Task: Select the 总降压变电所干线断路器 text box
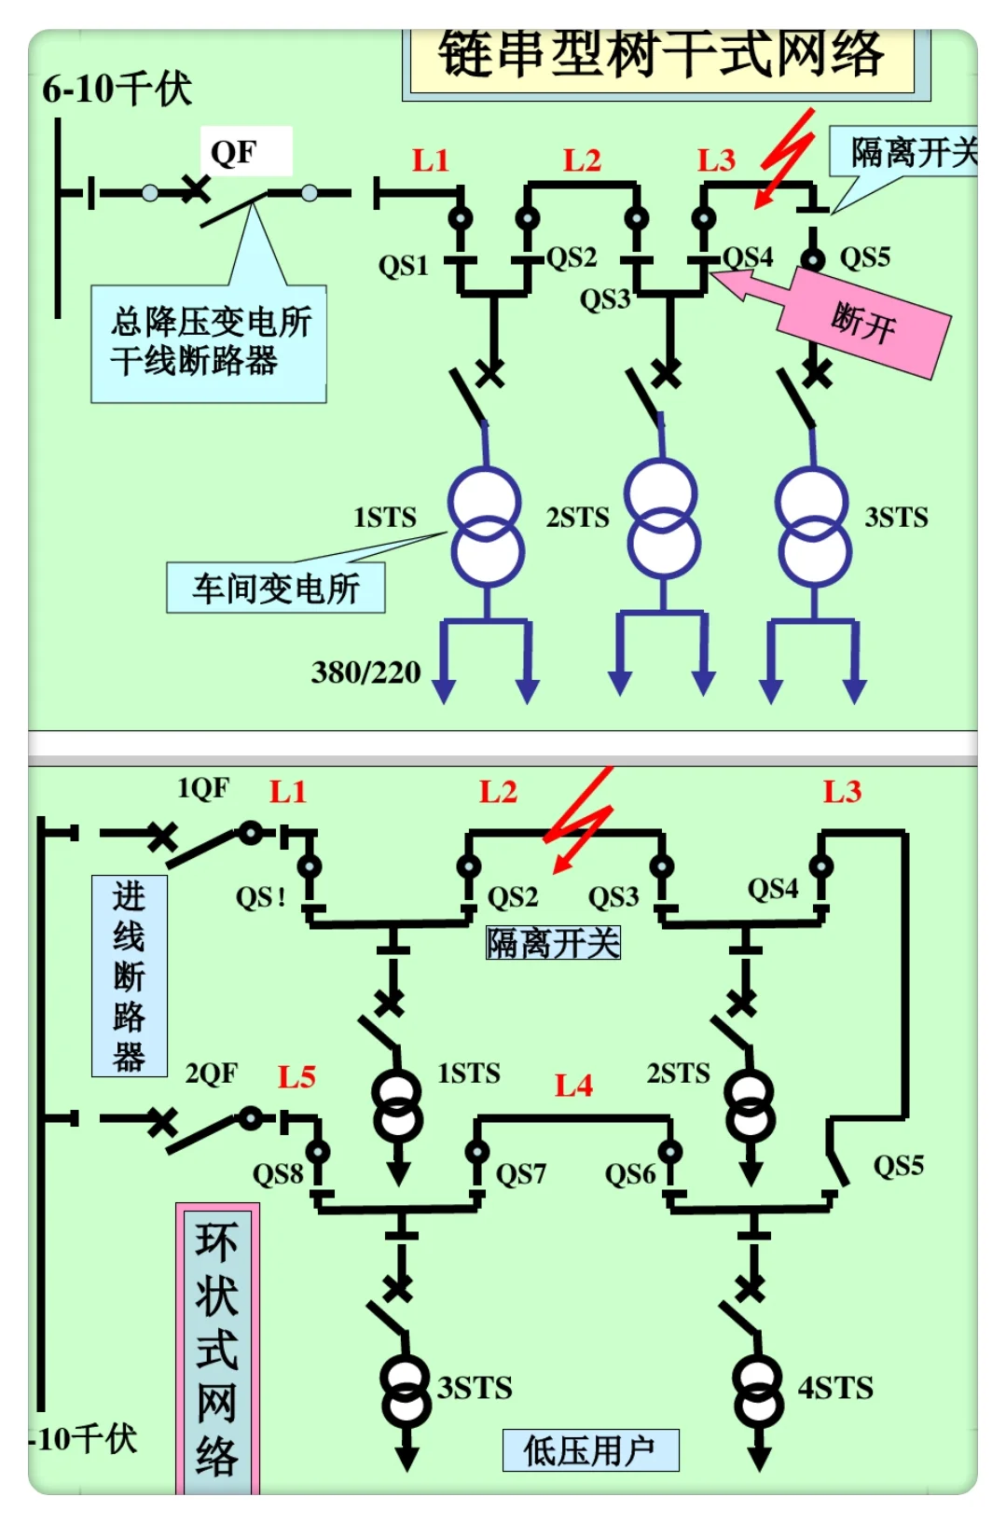(209, 343)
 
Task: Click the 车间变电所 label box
(276, 589)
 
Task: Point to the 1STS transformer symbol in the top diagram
(486, 527)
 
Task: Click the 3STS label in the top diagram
(896, 518)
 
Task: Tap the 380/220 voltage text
(366, 672)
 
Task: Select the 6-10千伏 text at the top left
(117, 90)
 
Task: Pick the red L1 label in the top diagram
(431, 160)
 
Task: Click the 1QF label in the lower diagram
(203, 789)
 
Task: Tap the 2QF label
(212, 1074)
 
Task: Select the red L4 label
(573, 1086)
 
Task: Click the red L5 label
(296, 1077)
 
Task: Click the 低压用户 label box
(590, 1450)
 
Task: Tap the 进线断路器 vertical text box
(130, 976)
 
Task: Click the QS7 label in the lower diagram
(520, 1174)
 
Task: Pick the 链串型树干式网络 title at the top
(661, 55)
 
